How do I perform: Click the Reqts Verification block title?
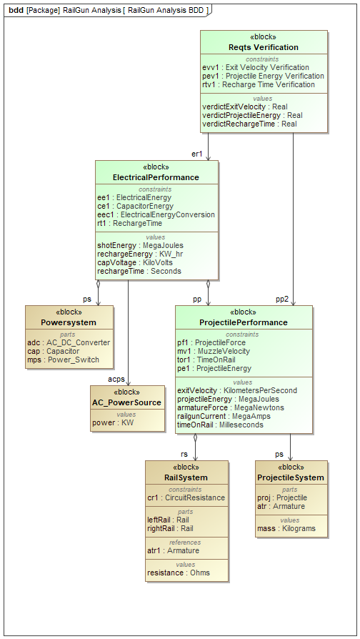[x=264, y=47]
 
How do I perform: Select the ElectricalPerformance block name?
[x=156, y=177]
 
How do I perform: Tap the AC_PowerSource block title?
[x=126, y=402]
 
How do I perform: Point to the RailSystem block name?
[x=186, y=477]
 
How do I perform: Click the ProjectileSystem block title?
[x=291, y=477]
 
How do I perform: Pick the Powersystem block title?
[x=69, y=322]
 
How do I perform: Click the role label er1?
[x=196, y=154]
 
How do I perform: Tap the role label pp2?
[x=282, y=299]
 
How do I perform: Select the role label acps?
[x=116, y=379]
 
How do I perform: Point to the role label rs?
[x=184, y=454]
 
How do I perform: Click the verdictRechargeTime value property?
[x=249, y=124]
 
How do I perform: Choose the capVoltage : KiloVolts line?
[x=135, y=262]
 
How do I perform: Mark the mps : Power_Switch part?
[x=63, y=360]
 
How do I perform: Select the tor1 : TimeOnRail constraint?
[x=206, y=360]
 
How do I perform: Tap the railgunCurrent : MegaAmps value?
[x=224, y=416]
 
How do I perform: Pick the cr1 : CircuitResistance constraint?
[x=186, y=497]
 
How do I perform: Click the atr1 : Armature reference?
[x=173, y=550]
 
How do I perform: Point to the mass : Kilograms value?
[x=286, y=528]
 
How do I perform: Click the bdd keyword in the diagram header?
[x=16, y=10]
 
